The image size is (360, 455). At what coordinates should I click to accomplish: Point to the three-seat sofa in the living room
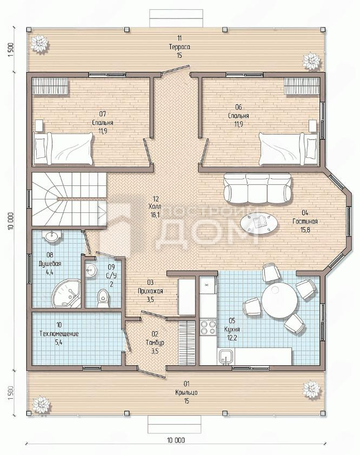tap(257, 189)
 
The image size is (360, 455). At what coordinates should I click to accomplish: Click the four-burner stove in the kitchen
tap(208, 327)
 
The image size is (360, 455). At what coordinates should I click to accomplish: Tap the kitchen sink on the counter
tap(226, 357)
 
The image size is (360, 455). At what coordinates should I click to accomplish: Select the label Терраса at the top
tap(179, 46)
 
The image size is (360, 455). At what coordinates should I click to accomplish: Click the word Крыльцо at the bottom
tap(186, 393)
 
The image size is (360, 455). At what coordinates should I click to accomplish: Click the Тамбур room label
tap(155, 343)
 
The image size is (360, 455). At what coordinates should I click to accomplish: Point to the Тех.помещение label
tap(59, 334)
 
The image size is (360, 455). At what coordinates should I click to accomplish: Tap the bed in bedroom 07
tap(63, 149)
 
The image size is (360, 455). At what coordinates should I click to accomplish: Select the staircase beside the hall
tap(69, 199)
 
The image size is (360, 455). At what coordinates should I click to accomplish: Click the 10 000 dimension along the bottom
tap(176, 440)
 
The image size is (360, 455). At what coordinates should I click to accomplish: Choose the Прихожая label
tap(150, 291)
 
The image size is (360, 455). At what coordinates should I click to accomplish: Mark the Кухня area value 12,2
tap(232, 338)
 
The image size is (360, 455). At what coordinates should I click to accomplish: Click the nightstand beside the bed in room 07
tap(39, 125)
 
